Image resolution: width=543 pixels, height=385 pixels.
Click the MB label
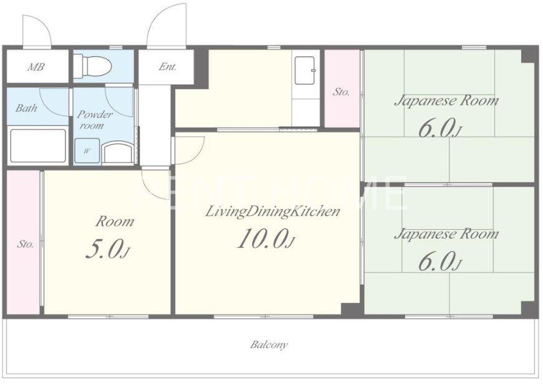pyautogui.click(x=36, y=67)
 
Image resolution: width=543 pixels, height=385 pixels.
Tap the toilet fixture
pyautogui.click(x=92, y=65)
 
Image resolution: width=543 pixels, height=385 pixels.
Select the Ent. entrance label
pyautogui.click(x=168, y=66)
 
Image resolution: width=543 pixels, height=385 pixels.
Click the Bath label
pyautogui.click(x=26, y=108)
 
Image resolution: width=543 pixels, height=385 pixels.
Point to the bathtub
pyautogui.click(x=38, y=145)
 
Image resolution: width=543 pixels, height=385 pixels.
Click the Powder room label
pyautogui.click(x=94, y=120)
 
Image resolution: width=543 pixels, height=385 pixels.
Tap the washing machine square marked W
pyautogui.click(x=87, y=151)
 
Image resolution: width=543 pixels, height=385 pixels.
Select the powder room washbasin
pyautogui.click(x=118, y=152)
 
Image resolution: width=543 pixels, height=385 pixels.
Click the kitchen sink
pyautogui.click(x=305, y=71)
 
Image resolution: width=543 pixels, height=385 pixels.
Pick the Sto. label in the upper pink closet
pyautogui.click(x=341, y=92)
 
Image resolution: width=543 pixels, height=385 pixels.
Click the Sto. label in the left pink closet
pyautogui.click(x=26, y=244)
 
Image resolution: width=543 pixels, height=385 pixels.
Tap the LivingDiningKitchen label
pyautogui.click(x=272, y=211)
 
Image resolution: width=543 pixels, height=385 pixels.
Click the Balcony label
pyautogui.click(x=269, y=345)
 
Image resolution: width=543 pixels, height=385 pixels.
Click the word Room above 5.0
pyautogui.click(x=115, y=222)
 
